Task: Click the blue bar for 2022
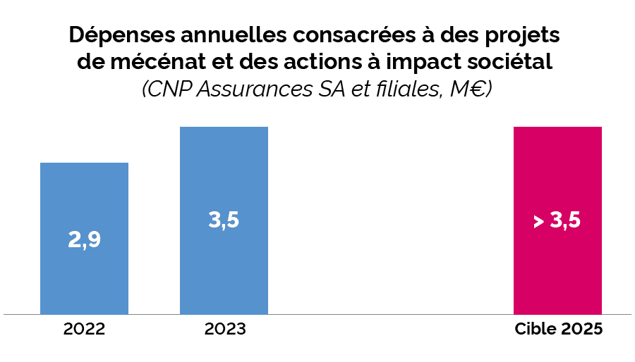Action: (84, 275)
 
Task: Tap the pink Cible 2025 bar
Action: (557, 275)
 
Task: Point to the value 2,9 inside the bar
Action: (84, 240)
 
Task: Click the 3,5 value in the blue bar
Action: (224, 220)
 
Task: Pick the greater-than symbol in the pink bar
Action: (538, 222)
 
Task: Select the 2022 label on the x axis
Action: (84, 330)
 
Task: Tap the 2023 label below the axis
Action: (225, 330)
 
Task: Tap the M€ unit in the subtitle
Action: (469, 89)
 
